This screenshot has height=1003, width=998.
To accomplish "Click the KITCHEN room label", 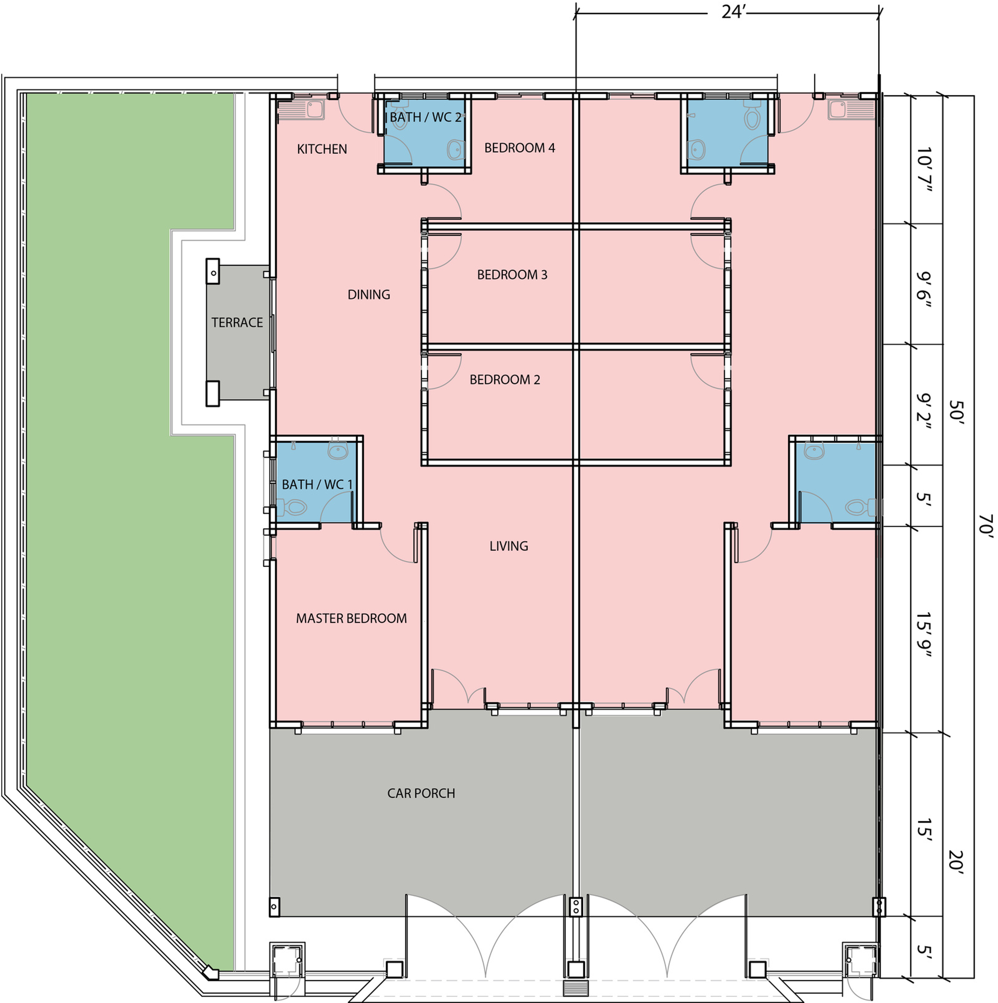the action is click(322, 149).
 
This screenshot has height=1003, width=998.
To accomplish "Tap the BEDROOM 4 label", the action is click(520, 148).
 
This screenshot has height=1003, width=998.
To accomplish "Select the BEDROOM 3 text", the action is click(512, 275).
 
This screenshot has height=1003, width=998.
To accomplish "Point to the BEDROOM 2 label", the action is click(505, 379).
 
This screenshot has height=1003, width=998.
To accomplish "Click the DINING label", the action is click(369, 294).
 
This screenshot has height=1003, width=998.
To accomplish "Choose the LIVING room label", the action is click(509, 546).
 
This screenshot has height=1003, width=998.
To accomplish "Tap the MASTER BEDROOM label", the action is click(351, 618).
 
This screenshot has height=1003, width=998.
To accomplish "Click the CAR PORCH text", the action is click(421, 793).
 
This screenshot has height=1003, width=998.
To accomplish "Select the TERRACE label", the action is click(237, 323).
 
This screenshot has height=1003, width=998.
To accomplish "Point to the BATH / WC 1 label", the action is click(317, 484).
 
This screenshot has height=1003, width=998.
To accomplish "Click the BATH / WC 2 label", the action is click(425, 117).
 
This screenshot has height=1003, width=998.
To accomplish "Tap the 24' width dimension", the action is click(733, 12).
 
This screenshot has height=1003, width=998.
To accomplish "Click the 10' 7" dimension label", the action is click(923, 169).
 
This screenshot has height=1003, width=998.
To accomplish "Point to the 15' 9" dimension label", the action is click(923, 634).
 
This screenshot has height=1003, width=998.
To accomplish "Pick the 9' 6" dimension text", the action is click(923, 289).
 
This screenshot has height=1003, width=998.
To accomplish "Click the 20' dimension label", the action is click(956, 863).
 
